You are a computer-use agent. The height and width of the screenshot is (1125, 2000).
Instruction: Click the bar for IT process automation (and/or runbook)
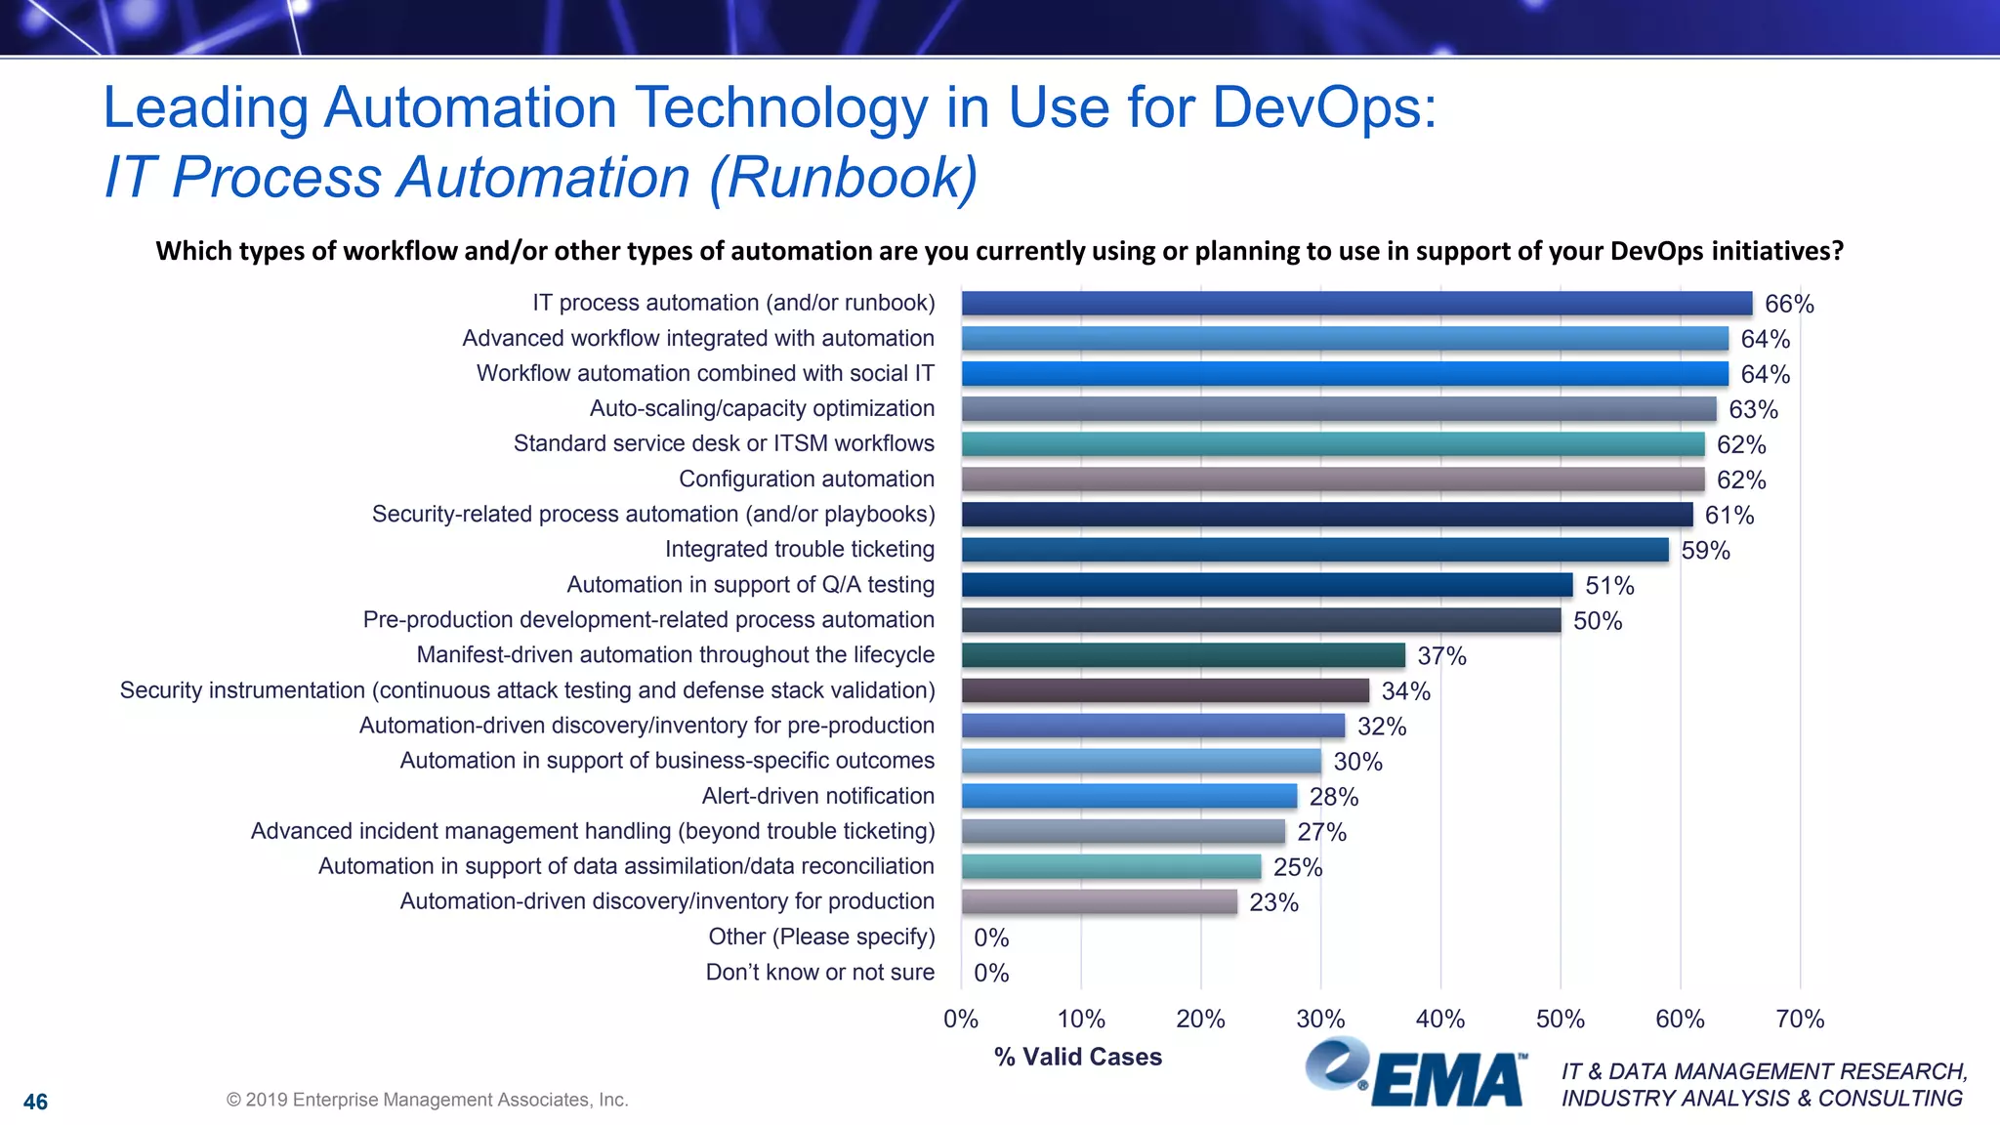1356,304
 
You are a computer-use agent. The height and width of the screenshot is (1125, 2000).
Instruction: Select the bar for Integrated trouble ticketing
1314,550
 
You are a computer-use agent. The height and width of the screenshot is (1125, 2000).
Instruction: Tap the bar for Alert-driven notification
1129,796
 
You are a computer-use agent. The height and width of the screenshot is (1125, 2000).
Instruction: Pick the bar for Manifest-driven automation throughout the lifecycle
1183,655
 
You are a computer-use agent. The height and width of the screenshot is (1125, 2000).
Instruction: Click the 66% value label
1789,305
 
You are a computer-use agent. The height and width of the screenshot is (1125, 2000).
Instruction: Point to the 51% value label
1609,586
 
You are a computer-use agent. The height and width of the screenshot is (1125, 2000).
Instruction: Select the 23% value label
1273,902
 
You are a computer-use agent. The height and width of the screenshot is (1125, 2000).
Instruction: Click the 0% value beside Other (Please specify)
991,937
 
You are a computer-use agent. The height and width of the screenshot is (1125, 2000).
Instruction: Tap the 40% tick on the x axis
1440,1020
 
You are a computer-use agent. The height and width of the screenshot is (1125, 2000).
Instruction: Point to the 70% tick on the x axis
1800,1020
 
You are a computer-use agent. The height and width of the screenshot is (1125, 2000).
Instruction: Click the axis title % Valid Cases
1078,1057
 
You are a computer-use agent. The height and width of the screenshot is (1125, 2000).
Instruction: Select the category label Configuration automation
807,479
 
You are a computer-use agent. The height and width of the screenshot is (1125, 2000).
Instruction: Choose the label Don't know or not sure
820,973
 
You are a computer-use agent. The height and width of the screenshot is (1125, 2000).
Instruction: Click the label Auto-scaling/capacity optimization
762,409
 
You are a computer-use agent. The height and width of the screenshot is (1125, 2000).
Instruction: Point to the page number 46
35,1103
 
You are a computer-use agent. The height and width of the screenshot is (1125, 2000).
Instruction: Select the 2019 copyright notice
428,1100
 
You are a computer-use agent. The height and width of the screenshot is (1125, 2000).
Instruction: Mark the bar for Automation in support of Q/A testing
1267,585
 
